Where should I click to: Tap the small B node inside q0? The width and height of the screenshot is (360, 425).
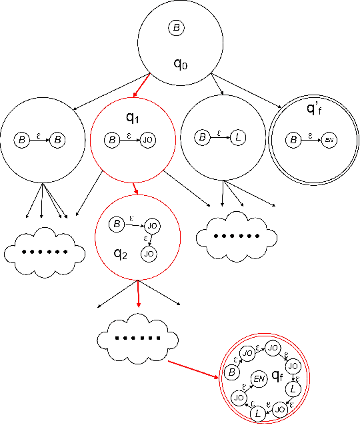tap(176, 28)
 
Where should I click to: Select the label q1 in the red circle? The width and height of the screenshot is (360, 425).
tap(133, 118)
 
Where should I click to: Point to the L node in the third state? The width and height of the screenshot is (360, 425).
tap(238, 139)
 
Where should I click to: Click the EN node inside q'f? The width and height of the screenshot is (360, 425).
tap(328, 141)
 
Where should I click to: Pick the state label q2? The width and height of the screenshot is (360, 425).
tap(120, 252)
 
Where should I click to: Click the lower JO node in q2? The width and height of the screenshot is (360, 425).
tap(149, 253)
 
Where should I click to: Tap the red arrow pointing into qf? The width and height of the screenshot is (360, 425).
tap(193, 370)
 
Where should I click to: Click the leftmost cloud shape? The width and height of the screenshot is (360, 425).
tap(45, 252)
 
